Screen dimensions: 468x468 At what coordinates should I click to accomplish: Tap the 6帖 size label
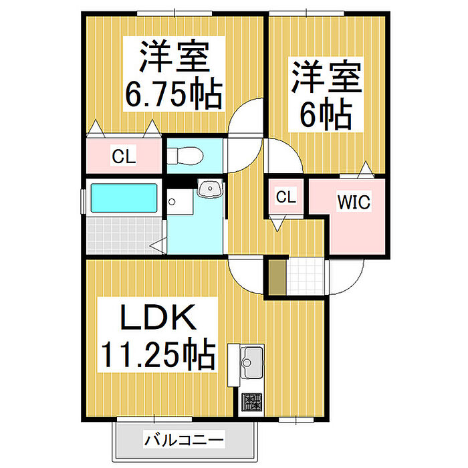coord(326,114)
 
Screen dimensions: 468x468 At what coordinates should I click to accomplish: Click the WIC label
coord(354,202)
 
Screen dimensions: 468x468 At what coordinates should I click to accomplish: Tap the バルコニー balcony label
coord(184,440)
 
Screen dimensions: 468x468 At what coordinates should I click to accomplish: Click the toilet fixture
coord(185,156)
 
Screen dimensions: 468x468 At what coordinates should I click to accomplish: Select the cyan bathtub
coord(124,198)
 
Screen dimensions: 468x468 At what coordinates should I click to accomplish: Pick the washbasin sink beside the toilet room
coord(210,189)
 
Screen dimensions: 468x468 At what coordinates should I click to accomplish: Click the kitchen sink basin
coord(251,362)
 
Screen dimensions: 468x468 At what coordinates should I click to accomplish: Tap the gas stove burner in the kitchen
coord(252,402)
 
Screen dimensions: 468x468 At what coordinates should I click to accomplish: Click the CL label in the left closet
coord(124,156)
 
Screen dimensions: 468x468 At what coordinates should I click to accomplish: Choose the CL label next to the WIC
coord(286,197)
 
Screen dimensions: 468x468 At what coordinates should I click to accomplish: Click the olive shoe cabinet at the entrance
coord(277,277)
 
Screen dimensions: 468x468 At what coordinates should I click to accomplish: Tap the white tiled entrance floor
coord(306,277)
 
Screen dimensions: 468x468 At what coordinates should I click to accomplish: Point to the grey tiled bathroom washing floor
coord(124,235)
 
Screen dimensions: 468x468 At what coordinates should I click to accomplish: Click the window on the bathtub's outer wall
coord(84,201)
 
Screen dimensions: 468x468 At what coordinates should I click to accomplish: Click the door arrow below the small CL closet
coord(277,223)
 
